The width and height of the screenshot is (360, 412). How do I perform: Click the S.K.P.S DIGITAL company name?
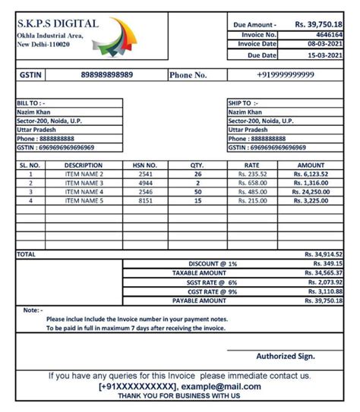point(58,24)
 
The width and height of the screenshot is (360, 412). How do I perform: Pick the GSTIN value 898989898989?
point(106,75)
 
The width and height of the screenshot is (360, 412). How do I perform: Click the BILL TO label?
point(31,102)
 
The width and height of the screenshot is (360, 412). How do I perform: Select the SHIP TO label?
point(243,102)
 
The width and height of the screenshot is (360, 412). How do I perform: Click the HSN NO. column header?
point(145,165)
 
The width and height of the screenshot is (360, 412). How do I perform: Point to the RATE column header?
point(251,165)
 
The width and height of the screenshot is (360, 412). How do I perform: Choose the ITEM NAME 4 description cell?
point(84,192)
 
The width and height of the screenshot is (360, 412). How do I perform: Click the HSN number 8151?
point(145,201)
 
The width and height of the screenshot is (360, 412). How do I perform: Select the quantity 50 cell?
point(197,192)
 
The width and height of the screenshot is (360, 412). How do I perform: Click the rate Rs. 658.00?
point(251,183)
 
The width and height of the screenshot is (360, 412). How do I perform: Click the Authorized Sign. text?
point(286,356)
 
